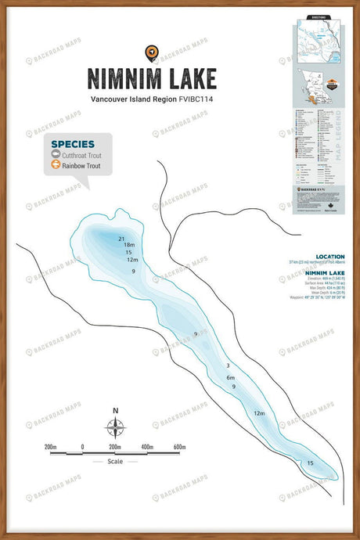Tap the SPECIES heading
pyautogui.click(x=73, y=144)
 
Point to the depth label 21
pyautogui.click(x=121, y=238)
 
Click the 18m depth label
pyautogui.click(x=130, y=245)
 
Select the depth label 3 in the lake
pyautogui.click(x=228, y=365)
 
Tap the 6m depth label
pyautogui.click(x=231, y=377)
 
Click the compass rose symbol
pyautogui.click(x=115, y=427)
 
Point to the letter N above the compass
pyautogui.click(x=115, y=410)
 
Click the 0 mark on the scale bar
pyautogui.click(x=82, y=447)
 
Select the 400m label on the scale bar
pyautogui.click(x=146, y=447)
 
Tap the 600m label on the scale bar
pyautogui.click(x=179, y=447)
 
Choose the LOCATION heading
pyautogui.click(x=329, y=257)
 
